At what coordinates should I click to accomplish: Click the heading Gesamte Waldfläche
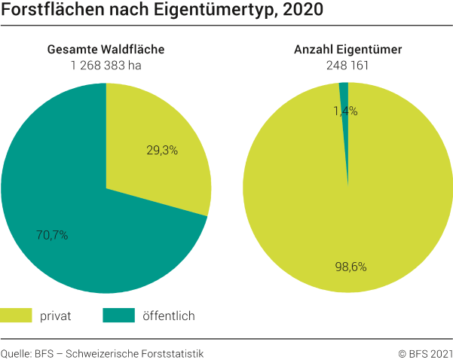pos(106,50)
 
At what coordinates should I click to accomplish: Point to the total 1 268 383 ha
pos(106,65)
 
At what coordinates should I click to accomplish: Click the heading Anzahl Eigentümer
pos(347,50)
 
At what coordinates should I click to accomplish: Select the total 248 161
pos(347,65)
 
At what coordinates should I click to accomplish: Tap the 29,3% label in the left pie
pos(162,150)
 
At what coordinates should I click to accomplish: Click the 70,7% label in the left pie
pos(52,235)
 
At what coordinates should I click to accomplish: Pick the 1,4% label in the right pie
pos(345,111)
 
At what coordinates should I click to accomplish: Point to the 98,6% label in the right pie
pos(351,267)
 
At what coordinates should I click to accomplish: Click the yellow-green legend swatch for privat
pos(16,316)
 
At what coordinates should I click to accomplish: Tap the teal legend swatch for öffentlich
pos(118,316)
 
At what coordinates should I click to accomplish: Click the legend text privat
pos(56,316)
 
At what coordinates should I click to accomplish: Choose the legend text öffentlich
pos(169,316)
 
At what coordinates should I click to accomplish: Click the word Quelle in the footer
pos(15,352)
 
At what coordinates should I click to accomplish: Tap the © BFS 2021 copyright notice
pos(425,352)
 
